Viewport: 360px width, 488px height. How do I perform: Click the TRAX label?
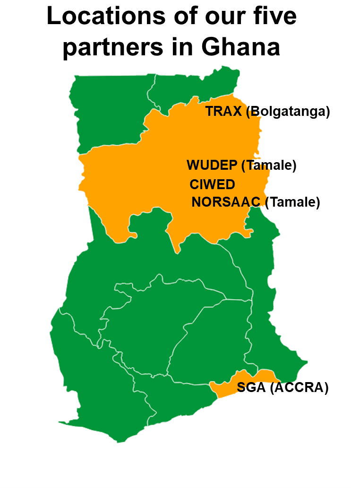click(223, 112)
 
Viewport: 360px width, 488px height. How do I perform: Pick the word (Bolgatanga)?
click(288, 112)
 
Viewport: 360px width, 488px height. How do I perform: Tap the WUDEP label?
click(212, 166)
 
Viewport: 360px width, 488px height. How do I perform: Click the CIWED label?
click(212, 184)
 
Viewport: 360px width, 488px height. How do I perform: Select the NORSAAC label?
click(226, 202)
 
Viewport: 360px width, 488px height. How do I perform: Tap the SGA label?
click(251, 388)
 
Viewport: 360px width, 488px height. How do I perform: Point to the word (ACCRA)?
click(299, 388)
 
